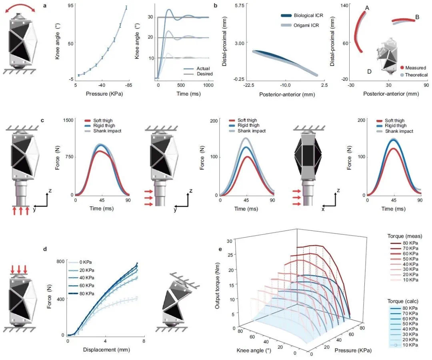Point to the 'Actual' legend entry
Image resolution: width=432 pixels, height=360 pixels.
pos(203,68)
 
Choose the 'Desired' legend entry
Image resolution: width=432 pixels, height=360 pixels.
pos(204,74)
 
